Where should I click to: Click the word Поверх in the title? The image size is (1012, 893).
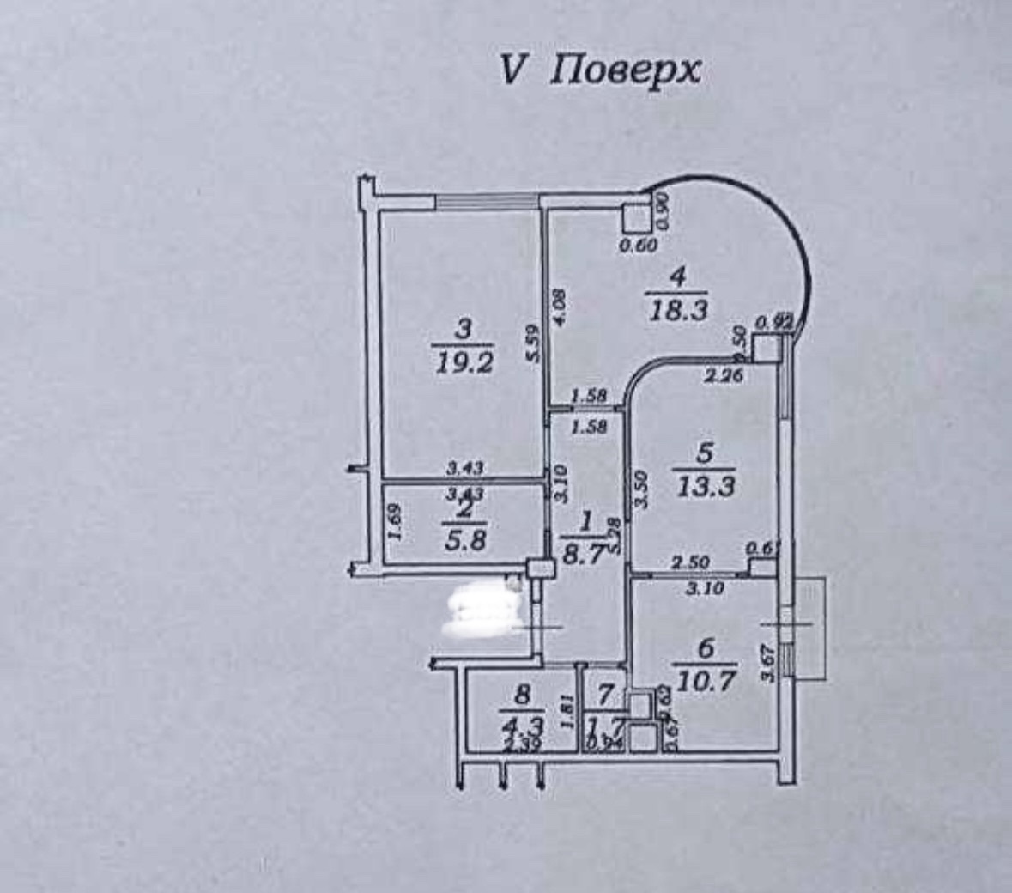pos(624,71)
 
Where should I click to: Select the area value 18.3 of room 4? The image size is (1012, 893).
pos(678,310)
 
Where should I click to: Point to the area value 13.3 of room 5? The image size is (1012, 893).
pos(706,487)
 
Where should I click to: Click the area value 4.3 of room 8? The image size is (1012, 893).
pos(523,722)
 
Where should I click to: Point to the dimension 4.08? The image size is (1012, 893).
pos(559,307)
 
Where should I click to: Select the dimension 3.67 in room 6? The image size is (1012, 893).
pos(768,663)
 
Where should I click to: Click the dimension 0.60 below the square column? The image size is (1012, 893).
pos(638,246)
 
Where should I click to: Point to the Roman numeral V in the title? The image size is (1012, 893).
pos(510,71)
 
